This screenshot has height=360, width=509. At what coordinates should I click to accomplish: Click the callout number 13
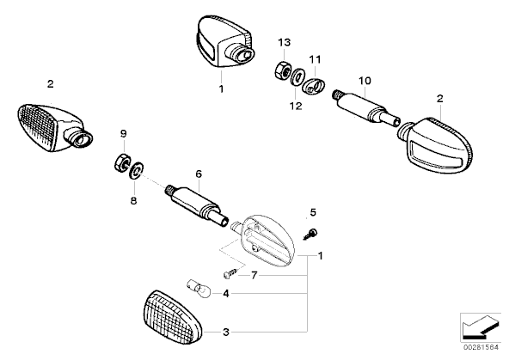click(285, 42)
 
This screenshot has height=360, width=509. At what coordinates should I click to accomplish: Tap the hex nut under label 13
click(282, 70)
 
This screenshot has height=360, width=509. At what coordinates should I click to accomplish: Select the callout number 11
click(315, 59)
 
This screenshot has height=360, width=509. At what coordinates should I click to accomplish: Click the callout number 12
click(296, 106)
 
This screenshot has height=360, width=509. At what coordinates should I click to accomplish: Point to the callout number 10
click(365, 81)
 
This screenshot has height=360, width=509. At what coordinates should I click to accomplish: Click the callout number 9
click(123, 133)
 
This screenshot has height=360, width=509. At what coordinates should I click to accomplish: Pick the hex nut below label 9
click(123, 162)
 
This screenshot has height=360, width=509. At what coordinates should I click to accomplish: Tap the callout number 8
click(133, 201)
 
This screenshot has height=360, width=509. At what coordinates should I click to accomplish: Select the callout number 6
click(199, 174)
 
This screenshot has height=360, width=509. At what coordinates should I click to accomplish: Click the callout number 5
click(313, 212)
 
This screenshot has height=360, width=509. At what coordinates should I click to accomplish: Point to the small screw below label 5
click(310, 235)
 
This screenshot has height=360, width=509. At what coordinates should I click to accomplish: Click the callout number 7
click(254, 275)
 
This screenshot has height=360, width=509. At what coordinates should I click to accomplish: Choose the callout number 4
click(226, 294)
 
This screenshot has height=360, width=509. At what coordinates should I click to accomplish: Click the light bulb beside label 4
click(199, 289)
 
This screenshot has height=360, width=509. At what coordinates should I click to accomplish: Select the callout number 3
click(226, 333)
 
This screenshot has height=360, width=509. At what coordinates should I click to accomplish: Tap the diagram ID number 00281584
click(481, 347)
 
